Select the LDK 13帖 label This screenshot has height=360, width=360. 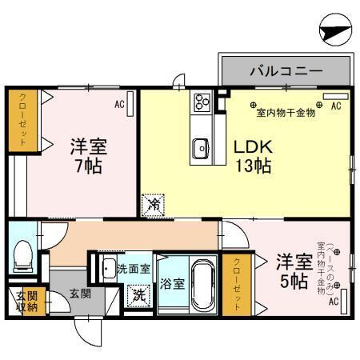pos(253,157)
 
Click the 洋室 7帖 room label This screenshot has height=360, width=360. pos(88,157)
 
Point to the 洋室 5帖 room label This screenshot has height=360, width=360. pos(293,271)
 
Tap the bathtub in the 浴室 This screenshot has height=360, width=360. pos(204,283)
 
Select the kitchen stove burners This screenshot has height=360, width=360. pos(200,102)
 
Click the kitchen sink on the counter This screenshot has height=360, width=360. pos(200,148)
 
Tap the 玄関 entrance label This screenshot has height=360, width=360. pos(79,294)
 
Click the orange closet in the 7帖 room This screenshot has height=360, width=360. pos(18,120)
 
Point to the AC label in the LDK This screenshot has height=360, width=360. pos(337,105)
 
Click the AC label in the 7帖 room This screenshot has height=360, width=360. pos(119,103)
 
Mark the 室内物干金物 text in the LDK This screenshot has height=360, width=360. pos(286,113)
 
